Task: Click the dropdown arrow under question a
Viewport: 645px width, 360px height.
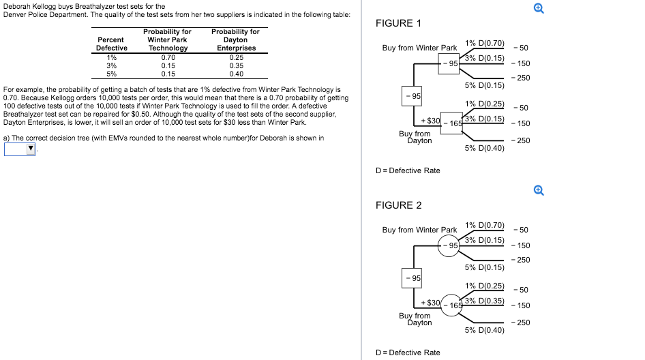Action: (x=31, y=149)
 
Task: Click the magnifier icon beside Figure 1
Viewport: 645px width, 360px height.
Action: (x=539, y=8)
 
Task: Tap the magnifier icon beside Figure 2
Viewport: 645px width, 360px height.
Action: (x=539, y=190)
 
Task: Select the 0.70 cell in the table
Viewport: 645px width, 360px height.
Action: (x=168, y=57)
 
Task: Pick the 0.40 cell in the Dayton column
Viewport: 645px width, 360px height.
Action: (x=236, y=74)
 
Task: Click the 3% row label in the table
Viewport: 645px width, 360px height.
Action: (x=111, y=66)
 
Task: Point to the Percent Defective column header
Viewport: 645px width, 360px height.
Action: (x=111, y=44)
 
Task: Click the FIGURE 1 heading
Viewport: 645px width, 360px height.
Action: (x=398, y=23)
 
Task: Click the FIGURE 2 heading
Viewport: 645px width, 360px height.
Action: (x=398, y=205)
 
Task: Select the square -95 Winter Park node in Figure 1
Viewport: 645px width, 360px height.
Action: (x=449, y=63)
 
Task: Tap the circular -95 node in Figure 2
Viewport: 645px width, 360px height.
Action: (x=449, y=245)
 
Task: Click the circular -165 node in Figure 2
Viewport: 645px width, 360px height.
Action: (x=451, y=305)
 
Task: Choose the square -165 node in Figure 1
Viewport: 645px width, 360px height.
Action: (x=451, y=123)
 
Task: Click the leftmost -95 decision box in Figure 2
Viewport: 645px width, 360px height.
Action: (x=412, y=278)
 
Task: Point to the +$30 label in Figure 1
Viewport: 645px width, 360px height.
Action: (x=431, y=121)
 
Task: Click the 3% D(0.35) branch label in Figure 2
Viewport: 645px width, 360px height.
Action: (x=485, y=301)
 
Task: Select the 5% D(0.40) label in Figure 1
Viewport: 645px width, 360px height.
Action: (x=485, y=148)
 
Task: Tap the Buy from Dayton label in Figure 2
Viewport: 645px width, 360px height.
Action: (x=415, y=319)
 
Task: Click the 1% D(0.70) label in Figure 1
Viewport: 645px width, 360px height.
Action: (x=485, y=43)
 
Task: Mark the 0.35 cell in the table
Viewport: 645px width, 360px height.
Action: (x=236, y=66)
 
